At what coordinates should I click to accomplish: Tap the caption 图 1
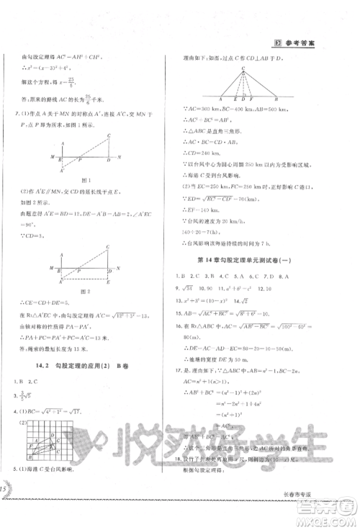click(71, 199)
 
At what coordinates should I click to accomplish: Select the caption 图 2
click(71, 291)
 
